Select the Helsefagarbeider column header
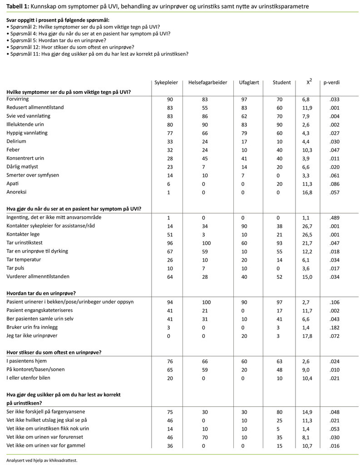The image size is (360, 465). [207, 83]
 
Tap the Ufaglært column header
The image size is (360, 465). [249, 83]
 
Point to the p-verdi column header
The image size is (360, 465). [331, 83]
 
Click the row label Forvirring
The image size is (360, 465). [18, 99]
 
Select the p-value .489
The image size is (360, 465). [334, 218]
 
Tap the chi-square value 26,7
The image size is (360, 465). [309, 226]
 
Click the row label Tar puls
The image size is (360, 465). [17, 267]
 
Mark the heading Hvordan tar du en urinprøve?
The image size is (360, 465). [41, 293]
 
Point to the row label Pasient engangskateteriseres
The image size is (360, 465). [39, 310]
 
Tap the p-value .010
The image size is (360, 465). [334, 369]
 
